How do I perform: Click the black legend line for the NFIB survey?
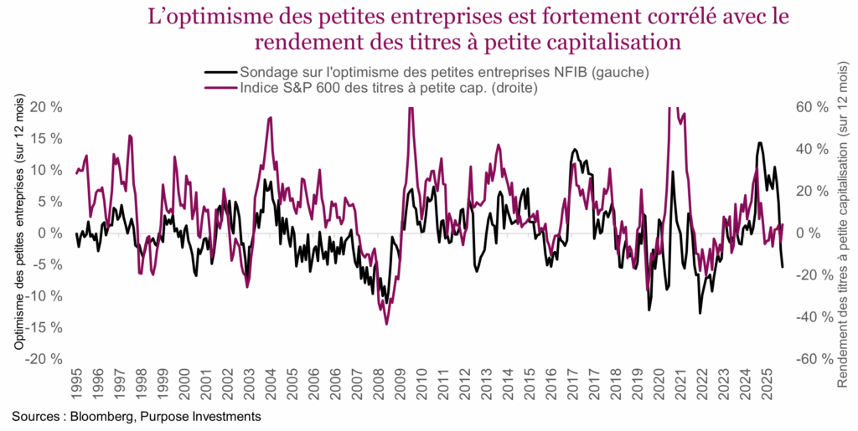click(220, 72)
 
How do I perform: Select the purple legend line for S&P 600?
click(220, 86)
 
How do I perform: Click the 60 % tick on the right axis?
click(812, 107)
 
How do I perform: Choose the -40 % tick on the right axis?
click(810, 317)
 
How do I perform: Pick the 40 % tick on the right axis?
click(812, 149)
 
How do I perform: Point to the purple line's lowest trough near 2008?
click(386, 324)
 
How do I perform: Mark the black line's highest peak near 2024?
click(759, 142)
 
